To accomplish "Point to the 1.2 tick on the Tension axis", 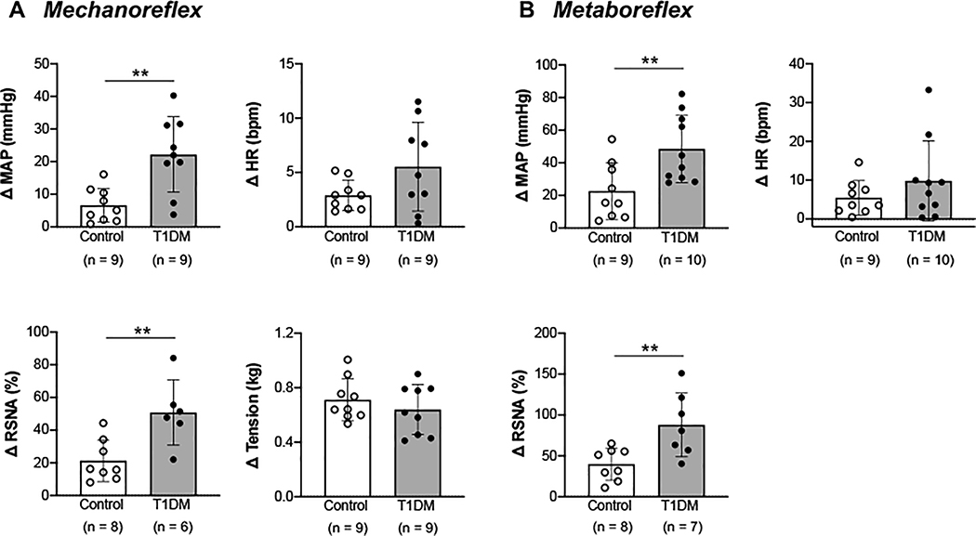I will (x=301, y=333).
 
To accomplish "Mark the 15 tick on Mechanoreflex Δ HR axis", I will (x=302, y=64).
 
